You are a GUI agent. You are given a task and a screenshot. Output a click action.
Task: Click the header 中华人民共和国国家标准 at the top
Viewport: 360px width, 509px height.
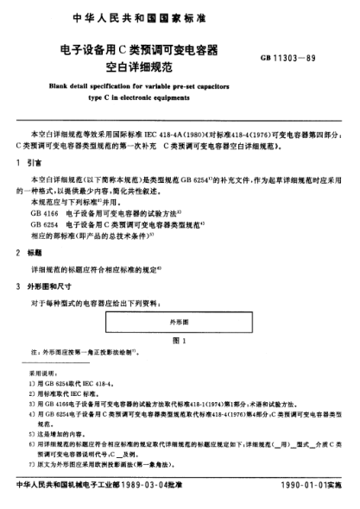[180, 15]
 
